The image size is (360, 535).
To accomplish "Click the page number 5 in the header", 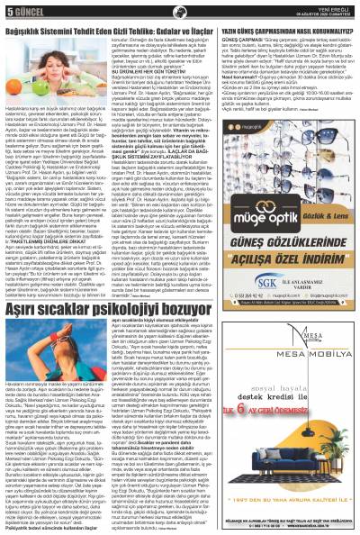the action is (8, 12).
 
